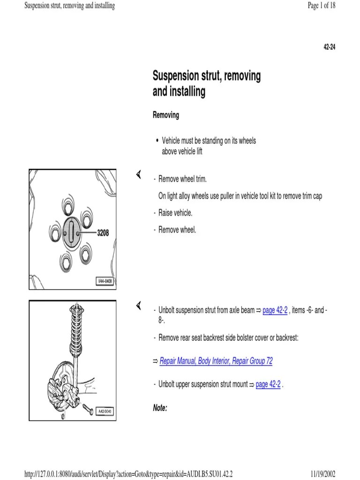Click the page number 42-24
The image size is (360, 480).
(330, 48)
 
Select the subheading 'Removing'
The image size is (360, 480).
(166, 115)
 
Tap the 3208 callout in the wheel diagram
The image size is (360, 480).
(103, 232)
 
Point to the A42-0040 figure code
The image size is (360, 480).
(105, 412)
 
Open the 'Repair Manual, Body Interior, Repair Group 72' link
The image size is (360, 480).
(216, 361)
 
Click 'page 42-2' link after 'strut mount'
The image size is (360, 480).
(268, 384)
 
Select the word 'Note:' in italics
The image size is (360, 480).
(160, 408)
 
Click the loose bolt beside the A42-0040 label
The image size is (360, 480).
(87, 409)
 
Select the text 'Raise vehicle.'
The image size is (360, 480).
(175, 213)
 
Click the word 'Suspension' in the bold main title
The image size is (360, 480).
(180, 76)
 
